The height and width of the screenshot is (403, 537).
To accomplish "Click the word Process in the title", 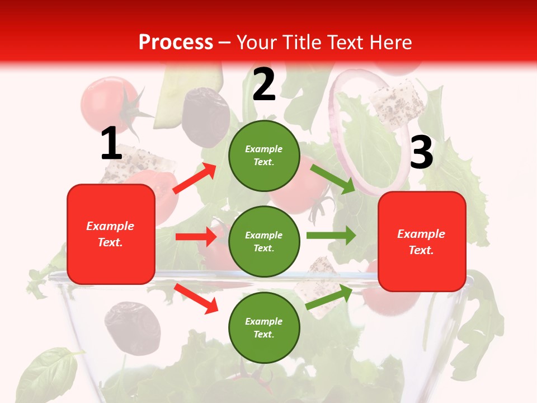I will coord(176,42).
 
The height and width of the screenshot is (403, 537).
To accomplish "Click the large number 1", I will coord(111,143).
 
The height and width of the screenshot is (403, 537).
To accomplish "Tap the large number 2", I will coord(264,84).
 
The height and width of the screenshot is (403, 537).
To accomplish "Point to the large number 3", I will coord(421,152).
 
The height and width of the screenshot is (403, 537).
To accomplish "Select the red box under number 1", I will coord(111,234).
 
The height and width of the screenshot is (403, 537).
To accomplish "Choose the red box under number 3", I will coord(422,241).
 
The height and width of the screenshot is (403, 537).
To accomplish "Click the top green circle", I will coord(264,156).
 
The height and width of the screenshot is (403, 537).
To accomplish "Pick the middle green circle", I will coord(264,241).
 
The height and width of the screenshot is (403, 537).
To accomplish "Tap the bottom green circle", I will coord(264,327).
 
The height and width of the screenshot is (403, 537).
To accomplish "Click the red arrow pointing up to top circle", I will coord(195,179).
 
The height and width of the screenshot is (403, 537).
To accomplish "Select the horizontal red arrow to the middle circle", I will coord(196,237).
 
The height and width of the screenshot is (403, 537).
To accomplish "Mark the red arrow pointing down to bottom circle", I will coord(196,298).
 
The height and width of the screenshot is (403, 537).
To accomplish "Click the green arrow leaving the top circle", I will coord(332,179).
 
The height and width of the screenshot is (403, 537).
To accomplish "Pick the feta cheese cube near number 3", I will coord(397,104).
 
